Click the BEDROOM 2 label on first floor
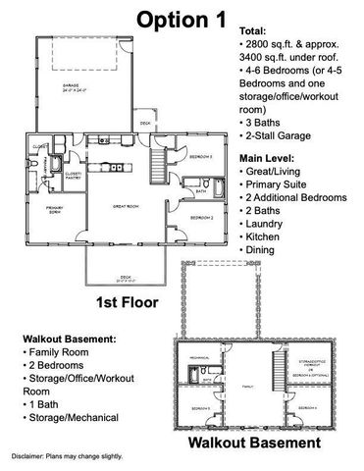pyautogui.click(x=201, y=216)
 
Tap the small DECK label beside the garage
pyautogui.click(x=144, y=123)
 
